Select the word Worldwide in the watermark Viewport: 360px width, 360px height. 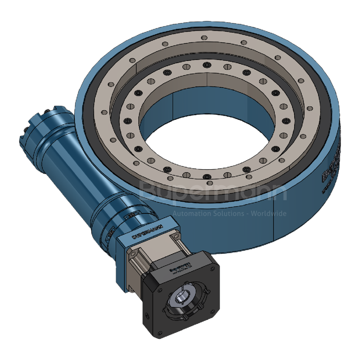(x=268, y=213)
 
